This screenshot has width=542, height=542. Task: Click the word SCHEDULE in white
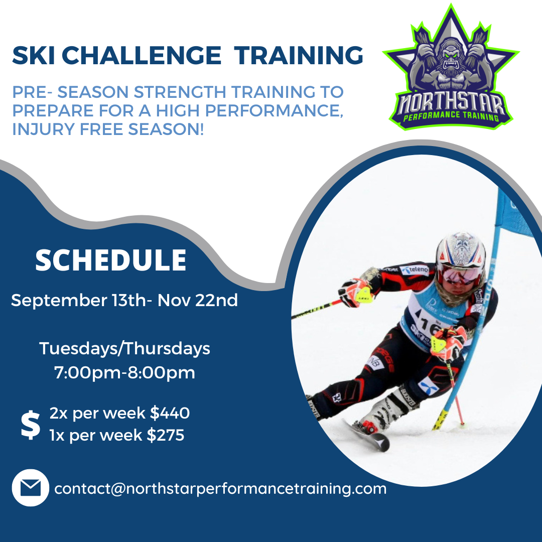(111, 260)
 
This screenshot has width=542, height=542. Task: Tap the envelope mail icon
(31, 488)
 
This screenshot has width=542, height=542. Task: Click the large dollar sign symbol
(31, 425)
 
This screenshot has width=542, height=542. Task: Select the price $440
(170, 413)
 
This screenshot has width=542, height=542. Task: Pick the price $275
(166, 435)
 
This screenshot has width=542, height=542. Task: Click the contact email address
(220, 488)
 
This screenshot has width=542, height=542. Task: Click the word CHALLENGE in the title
(142, 55)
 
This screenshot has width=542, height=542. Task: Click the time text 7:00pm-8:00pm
(124, 373)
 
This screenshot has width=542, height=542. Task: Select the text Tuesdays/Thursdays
(124, 348)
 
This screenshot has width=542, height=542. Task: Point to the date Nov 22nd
(198, 300)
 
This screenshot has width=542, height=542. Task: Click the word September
(59, 301)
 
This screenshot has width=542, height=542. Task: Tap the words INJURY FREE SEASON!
(108, 129)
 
